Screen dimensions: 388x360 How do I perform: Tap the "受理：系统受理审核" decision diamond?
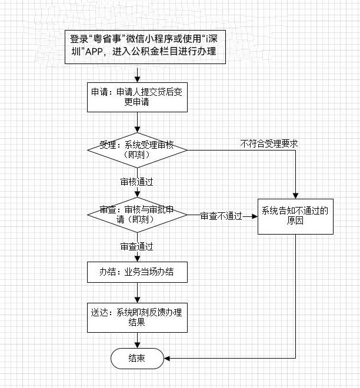[x=137, y=150]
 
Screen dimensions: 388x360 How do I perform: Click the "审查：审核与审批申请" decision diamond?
[x=137, y=215]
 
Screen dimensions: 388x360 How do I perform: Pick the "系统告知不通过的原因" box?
[x=295, y=216]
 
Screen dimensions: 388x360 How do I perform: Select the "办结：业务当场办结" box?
[x=137, y=272]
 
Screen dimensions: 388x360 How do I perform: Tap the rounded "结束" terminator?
[x=137, y=357]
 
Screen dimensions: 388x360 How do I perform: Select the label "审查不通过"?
[x=221, y=216]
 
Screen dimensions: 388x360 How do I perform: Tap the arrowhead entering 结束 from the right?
[x=167, y=357]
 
